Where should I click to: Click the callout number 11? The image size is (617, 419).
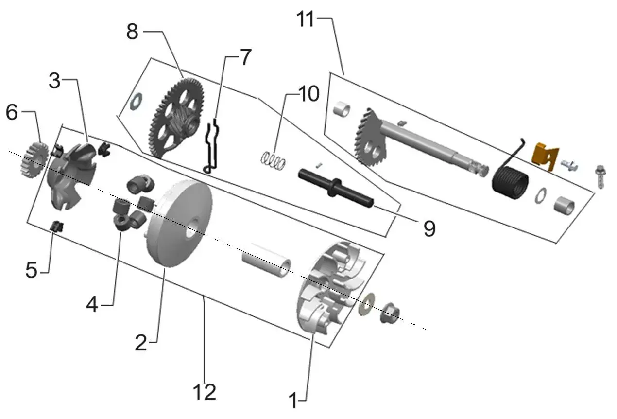[305, 19]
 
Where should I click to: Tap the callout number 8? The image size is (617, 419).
[132, 32]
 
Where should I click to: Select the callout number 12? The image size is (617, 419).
[205, 392]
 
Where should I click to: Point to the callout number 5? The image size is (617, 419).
[31, 269]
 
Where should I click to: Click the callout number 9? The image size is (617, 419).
[429, 228]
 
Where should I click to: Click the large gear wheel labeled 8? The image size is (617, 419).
[178, 119]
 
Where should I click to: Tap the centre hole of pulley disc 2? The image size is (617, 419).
[194, 227]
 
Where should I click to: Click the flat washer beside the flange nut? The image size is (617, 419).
[366, 304]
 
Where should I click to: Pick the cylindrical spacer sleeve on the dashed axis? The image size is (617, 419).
[266, 260]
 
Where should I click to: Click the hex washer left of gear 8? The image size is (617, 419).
[137, 102]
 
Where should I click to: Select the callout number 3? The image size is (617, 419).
[54, 81]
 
